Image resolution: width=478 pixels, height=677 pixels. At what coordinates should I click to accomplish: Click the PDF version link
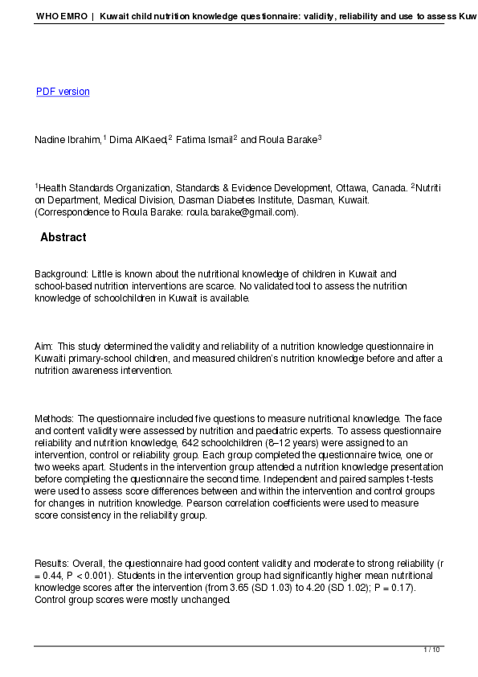pos(63,92)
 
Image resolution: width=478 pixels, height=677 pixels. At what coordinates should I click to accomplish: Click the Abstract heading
pos(63,238)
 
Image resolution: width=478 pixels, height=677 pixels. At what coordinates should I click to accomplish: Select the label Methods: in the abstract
pos(54,419)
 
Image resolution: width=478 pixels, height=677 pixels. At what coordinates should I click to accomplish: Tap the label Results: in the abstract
pos(52,564)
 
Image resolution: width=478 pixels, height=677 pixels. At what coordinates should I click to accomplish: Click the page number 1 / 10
pos(432,650)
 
